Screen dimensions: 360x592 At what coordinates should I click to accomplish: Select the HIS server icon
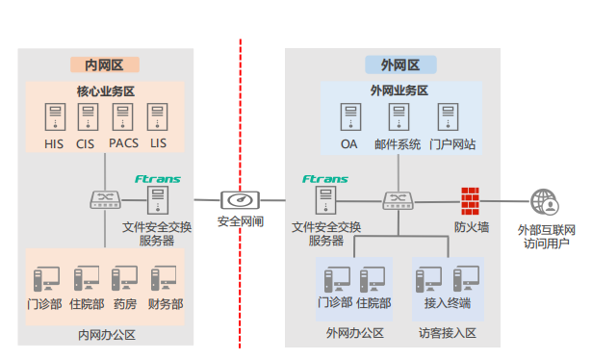tap(54, 118)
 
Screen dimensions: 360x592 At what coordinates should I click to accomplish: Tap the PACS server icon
tap(122, 118)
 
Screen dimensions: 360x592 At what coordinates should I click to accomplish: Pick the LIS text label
tap(158, 144)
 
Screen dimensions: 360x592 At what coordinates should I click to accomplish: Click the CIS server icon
tap(88, 118)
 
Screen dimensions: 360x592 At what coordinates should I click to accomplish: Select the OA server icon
tap(348, 118)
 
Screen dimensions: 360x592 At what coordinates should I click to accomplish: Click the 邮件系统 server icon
tap(398, 118)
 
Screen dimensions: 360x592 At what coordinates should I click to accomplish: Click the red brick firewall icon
tap(471, 199)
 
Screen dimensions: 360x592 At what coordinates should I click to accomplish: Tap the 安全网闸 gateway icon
tap(240, 200)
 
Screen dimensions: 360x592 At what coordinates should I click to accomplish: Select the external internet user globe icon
tap(545, 202)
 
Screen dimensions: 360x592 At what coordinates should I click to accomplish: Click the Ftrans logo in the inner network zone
tap(158, 179)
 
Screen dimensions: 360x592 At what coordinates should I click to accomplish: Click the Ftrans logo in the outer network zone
tap(324, 179)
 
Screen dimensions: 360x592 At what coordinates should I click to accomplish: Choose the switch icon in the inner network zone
tap(102, 200)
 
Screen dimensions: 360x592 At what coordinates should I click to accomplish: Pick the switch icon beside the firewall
tap(397, 200)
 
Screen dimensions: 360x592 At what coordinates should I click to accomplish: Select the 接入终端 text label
tap(448, 304)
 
